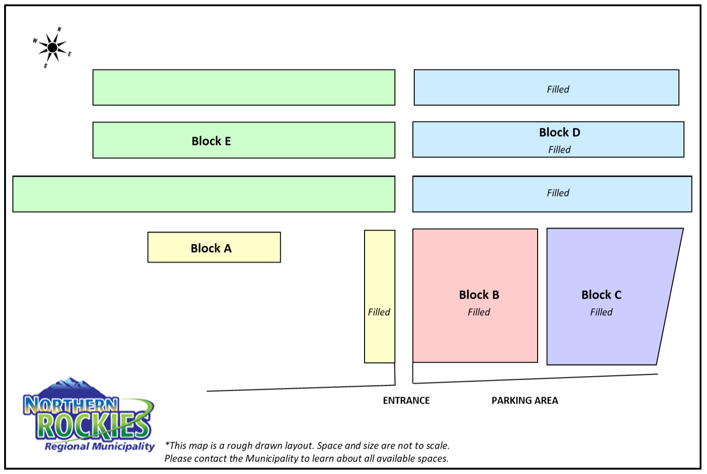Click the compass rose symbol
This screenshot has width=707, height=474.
[52, 47]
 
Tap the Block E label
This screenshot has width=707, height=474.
[211, 141]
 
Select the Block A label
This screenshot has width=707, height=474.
[211, 249]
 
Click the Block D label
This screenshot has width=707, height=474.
[560, 133]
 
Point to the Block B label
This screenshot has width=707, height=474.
[479, 295]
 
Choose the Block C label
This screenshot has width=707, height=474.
[602, 295]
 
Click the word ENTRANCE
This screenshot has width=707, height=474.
[406, 401]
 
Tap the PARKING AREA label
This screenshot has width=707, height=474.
[525, 401]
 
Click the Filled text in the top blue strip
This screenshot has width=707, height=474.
[558, 89]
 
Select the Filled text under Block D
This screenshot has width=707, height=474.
[559, 150]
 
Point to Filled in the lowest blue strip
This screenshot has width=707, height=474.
[558, 193]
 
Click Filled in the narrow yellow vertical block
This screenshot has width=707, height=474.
[379, 312]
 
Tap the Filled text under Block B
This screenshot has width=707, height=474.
[479, 312]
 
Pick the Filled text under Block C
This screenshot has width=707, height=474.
[601, 312]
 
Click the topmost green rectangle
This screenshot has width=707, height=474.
[244, 87]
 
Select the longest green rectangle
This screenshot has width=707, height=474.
[203, 194]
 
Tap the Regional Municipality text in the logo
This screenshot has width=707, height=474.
[100, 446]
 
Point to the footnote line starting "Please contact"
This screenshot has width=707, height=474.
[307, 458]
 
